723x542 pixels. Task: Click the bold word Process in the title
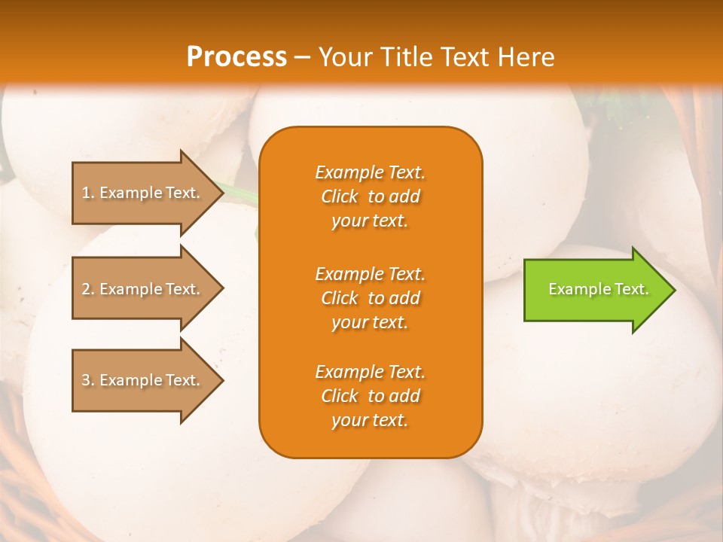tap(236, 56)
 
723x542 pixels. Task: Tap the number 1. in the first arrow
tap(87, 193)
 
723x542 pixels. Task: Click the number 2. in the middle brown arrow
tap(87, 289)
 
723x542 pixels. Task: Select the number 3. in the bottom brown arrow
tap(87, 380)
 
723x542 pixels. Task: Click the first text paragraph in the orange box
tap(370, 196)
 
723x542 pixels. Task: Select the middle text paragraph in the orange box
tap(370, 298)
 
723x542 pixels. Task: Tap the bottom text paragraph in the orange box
tap(370, 396)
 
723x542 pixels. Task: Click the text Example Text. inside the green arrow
tap(598, 289)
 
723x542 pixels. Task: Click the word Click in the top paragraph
tap(339, 196)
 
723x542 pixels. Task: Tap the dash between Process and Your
tap(302, 57)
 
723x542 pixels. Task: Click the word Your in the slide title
tap(345, 56)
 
